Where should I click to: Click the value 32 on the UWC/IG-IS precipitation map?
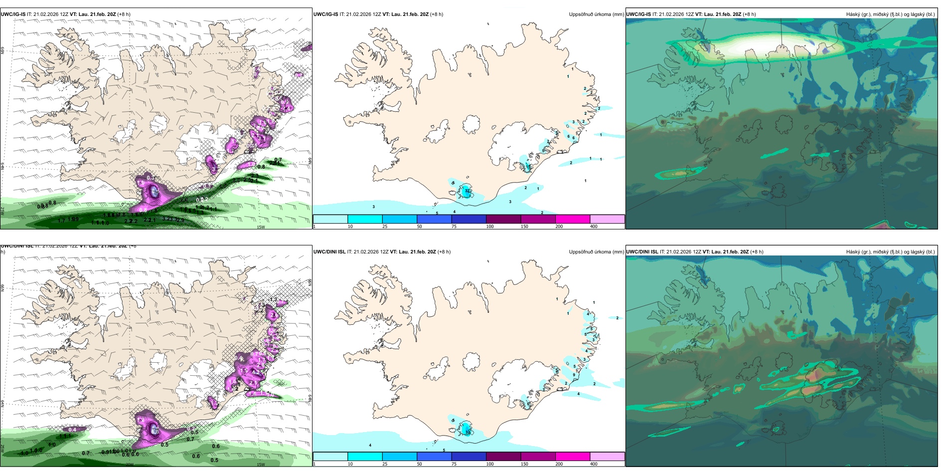467,191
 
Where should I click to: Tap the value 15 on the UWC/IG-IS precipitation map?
528,166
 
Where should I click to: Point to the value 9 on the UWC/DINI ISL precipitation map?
574,375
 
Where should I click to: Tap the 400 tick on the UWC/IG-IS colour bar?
594,227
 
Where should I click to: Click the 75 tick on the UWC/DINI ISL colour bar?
454,464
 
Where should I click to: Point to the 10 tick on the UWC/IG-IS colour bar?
350,227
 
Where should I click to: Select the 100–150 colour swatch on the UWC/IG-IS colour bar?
503,219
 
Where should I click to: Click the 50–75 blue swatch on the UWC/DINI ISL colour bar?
434,457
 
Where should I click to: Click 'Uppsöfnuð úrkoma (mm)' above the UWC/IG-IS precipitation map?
596,14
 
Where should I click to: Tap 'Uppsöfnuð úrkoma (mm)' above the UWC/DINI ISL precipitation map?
596,252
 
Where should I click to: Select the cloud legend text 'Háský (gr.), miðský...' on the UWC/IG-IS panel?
890,14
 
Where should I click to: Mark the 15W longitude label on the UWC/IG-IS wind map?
260,227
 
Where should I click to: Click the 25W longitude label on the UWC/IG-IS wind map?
2,211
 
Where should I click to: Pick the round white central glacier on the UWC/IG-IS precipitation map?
471,124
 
